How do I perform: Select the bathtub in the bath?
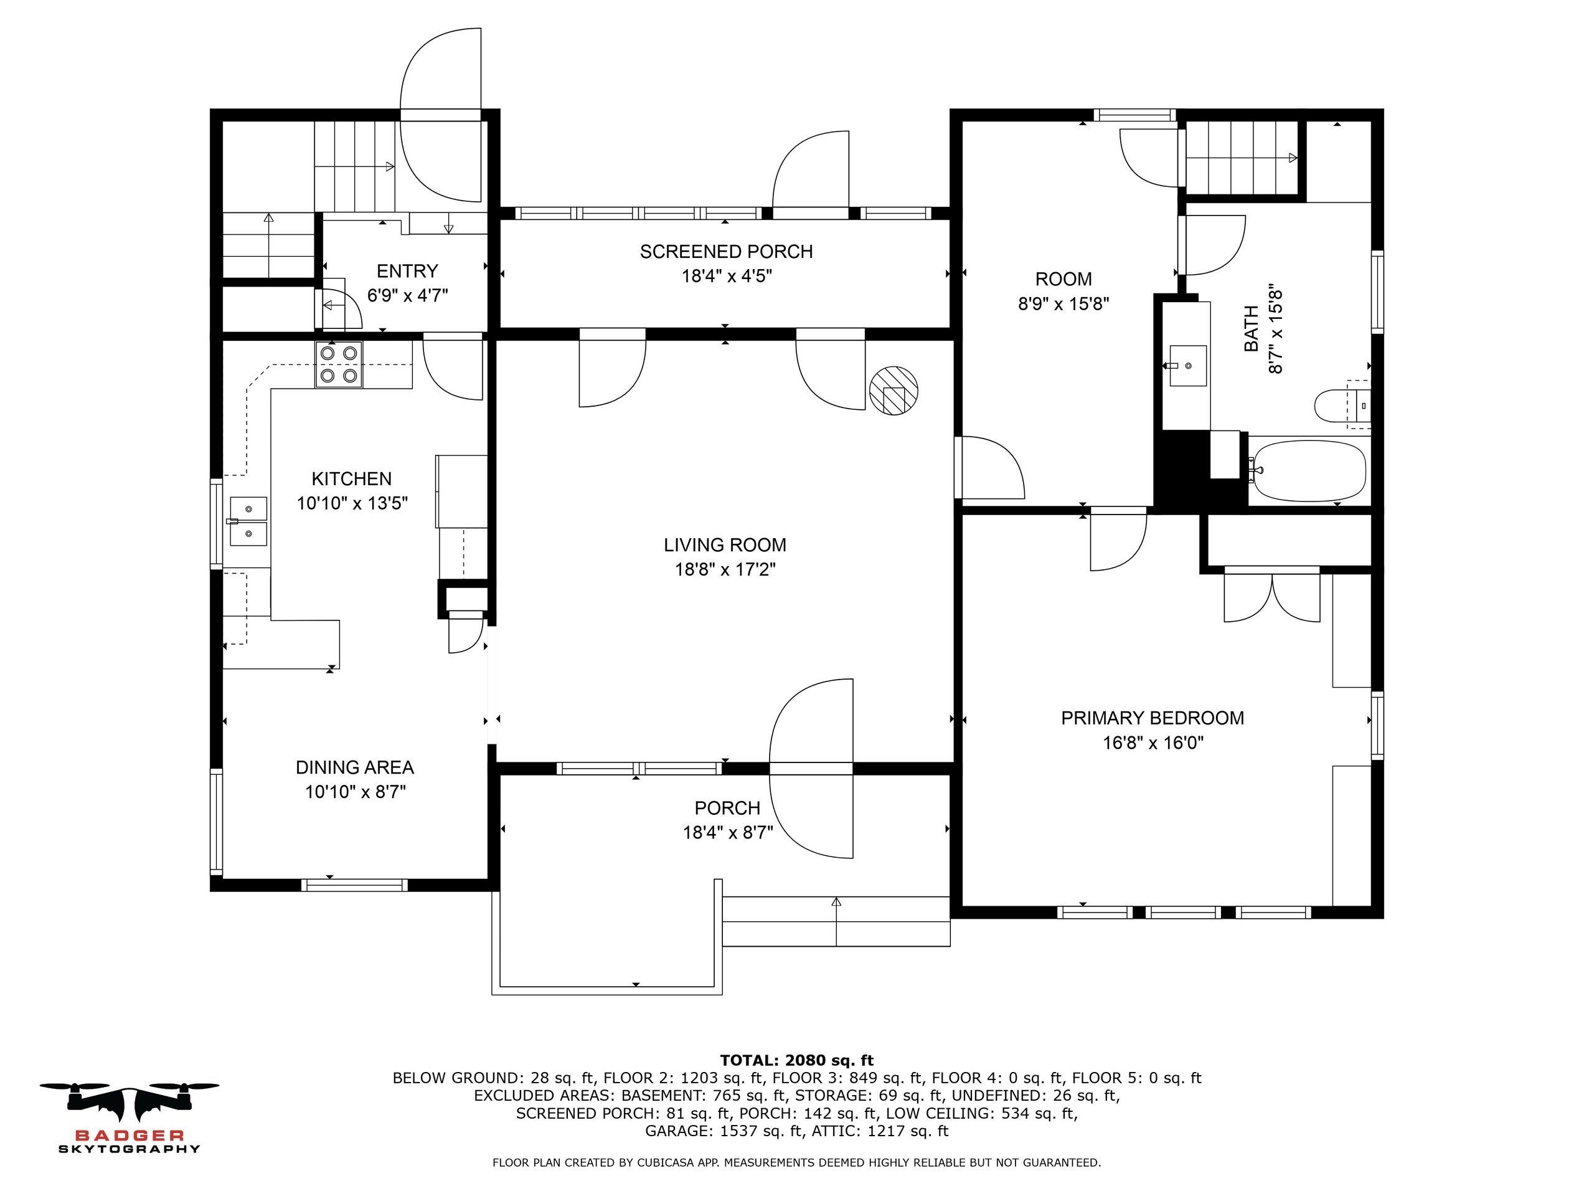click(x=1309, y=471)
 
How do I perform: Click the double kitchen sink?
click(x=248, y=521)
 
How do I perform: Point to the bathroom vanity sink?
click(x=1187, y=366)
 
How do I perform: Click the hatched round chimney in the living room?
click(x=894, y=390)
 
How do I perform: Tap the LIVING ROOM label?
click(x=724, y=545)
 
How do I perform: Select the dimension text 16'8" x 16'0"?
click(x=1153, y=743)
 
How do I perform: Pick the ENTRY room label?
click(x=407, y=271)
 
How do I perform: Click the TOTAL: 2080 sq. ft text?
click(x=796, y=1060)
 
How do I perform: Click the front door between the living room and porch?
click(x=811, y=769)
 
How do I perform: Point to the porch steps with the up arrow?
click(x=836, y=921)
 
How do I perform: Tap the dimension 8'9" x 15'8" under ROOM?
click(x=1063, y=303)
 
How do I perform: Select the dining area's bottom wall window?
click(x=354, y=885)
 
